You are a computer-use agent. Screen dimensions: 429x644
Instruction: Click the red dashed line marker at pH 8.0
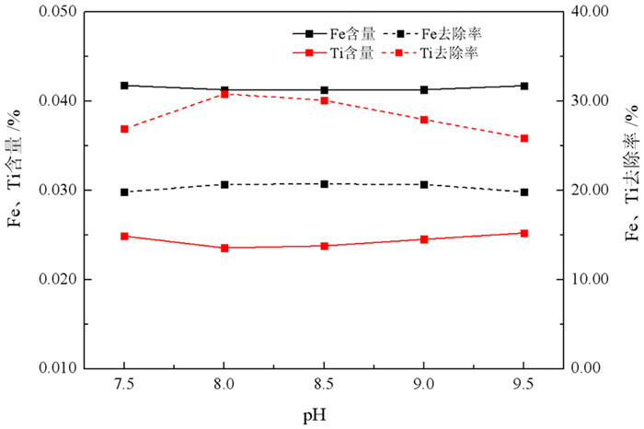pyautogui.click(x=224, y=94)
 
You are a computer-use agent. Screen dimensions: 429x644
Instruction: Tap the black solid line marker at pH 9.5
pyautogui.click(x=524, y=86)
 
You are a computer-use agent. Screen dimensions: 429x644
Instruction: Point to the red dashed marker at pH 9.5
pyautogui.click(x=524, y=138)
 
